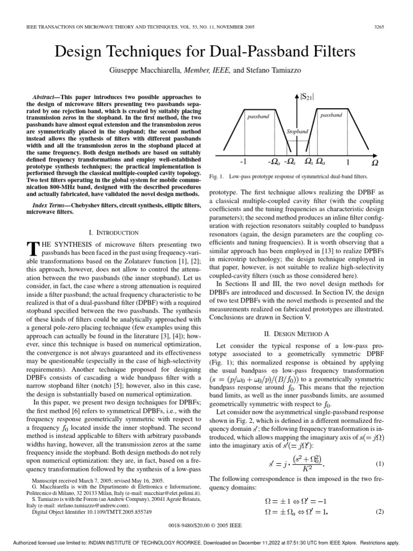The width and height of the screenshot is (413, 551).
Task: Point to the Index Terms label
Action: tap(49, 206)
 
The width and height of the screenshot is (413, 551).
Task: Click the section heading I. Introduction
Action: tap(113, 232)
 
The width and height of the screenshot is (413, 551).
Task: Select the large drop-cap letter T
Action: tap(33, 248)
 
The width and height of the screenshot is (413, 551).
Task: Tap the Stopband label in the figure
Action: tap(297, 131)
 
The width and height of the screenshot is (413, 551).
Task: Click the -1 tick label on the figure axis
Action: tap(243, 161)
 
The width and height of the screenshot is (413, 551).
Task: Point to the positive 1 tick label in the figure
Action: tap(348, 161)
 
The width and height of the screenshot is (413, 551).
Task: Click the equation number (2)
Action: tap(379, 512)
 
